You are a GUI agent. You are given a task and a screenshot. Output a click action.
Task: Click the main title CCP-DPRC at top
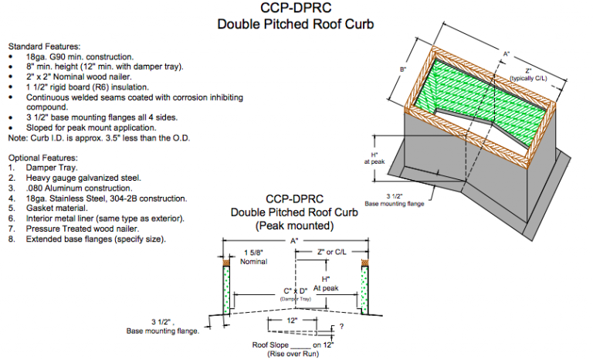tap(296, 8)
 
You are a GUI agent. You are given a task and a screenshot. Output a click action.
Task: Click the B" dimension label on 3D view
tap(403, 70)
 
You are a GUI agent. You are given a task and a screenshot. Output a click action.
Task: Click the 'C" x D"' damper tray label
tap(295, 291)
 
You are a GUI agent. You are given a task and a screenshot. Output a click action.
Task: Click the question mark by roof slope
tap(341, 328)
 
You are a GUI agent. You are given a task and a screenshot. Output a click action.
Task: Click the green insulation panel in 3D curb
tap(479, 100)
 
